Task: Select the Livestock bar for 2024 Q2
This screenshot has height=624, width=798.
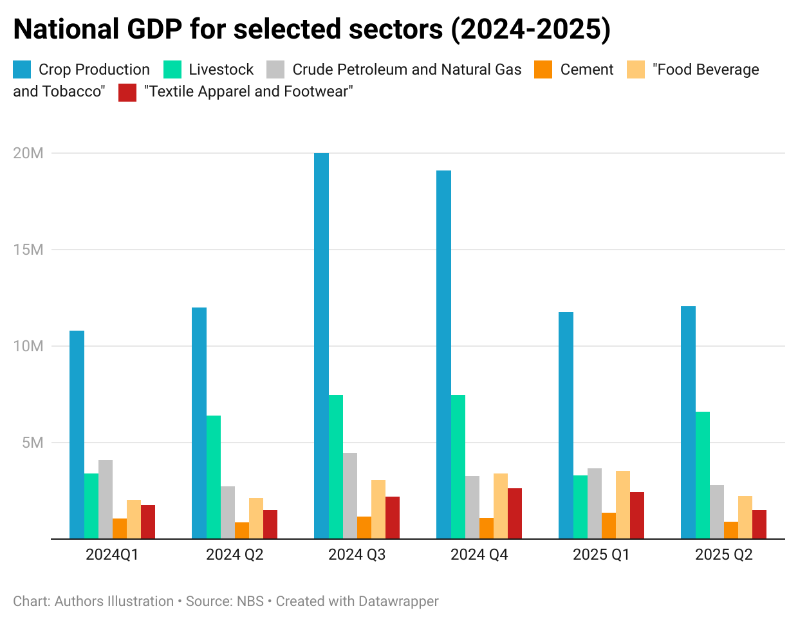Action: click(214, 477)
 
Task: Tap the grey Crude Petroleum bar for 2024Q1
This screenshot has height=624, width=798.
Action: click(106, 499)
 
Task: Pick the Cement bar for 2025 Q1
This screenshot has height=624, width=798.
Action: click(609, 526)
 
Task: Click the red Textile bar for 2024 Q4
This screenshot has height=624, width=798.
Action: click(515, 513)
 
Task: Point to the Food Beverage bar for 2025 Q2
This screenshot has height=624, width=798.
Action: click(745, 517)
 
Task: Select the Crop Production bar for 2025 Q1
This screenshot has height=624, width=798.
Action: click(566, 425)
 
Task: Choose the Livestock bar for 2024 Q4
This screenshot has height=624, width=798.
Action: click(458, 466)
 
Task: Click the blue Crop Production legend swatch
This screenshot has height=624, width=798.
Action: click(22, 69)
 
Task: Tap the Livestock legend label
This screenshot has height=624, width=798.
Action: click(221, 69)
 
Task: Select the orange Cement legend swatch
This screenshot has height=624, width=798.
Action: click(543, 69)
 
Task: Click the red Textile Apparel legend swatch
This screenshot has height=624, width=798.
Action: click(127, 92)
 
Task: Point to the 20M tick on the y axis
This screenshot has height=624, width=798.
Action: click(28, 153)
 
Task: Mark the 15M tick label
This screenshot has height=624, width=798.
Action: click(28, 250)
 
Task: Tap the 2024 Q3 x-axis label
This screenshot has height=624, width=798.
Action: click(357, 555)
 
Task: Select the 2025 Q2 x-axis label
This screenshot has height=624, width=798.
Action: click(723, 555)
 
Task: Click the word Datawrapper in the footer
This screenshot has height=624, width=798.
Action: click(398, 601)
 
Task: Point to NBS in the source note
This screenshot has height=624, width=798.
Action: click(250, 601)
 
